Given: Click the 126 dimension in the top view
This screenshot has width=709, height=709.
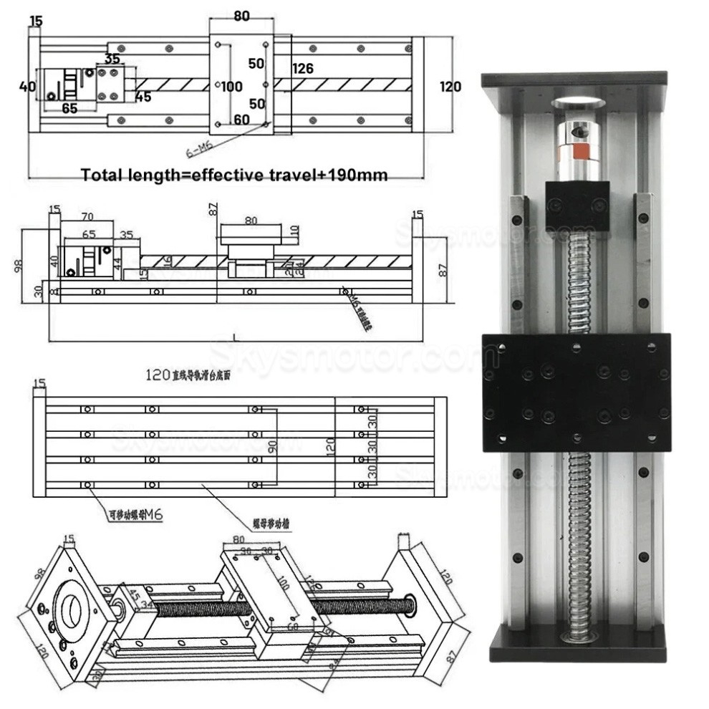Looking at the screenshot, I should click(x=303, y=69).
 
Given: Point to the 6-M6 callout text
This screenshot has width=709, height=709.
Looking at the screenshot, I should click(x=199, y=150).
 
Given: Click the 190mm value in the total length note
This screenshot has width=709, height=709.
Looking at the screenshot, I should click(x=357, y=175).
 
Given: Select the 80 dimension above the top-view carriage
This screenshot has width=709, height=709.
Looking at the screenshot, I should click(x=241, y=15).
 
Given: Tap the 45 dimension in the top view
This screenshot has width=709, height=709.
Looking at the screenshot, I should click(x=143, y=97).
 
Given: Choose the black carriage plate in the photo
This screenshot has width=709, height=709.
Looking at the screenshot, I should click(x=576, y=392).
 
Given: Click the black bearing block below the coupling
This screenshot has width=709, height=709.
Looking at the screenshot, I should click(x=577, y=205).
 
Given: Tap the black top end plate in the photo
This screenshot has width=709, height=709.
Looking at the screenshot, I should click(x=574, y=79).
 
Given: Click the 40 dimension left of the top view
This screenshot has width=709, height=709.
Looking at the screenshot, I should click(x=27, y=87).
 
